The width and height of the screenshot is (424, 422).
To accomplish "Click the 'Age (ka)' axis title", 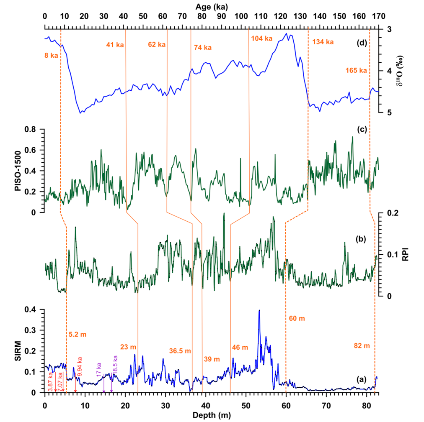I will coord(211,6).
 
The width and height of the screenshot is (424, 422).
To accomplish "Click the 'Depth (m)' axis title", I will coord(211,416).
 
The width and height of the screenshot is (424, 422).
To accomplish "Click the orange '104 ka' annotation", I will coord(262,38).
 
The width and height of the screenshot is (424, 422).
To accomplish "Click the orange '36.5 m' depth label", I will coord(180,350).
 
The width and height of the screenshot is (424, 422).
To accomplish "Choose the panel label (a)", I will coord(361,379).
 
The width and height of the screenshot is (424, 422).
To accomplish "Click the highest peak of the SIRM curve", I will coord(259,310).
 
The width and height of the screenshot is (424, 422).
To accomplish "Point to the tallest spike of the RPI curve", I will coord(224,213).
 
